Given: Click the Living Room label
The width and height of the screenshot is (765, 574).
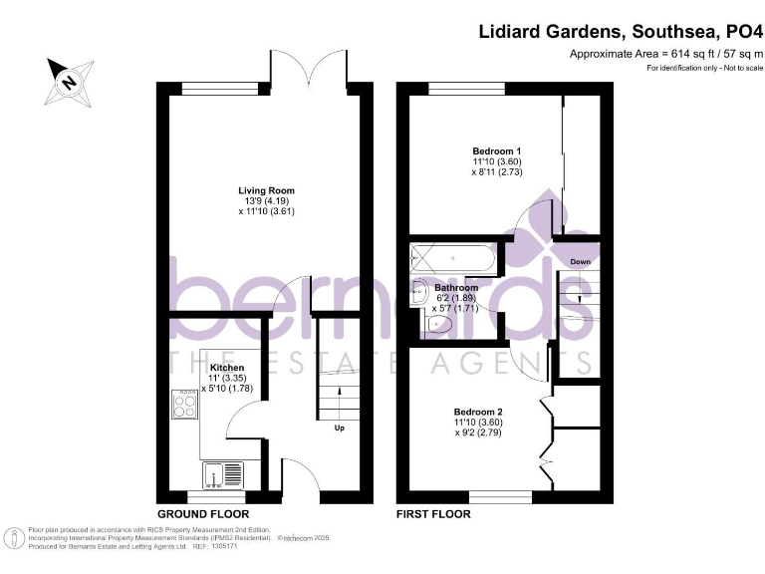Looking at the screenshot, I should (x=266, y=190).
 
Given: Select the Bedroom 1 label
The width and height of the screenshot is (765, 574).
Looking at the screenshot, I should (x=497, y=150).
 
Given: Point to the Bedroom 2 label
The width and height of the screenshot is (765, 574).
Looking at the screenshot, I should (x=478, y=412).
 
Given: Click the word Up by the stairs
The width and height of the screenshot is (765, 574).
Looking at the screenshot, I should (x=339, y=430).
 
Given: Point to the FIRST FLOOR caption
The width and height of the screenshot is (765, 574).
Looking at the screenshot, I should (x=434, y=514).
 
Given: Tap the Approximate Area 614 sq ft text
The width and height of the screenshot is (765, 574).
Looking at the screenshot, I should (x=665, y=53).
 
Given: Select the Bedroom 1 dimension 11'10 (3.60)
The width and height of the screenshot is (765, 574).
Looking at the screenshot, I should (x=497, y=161).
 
